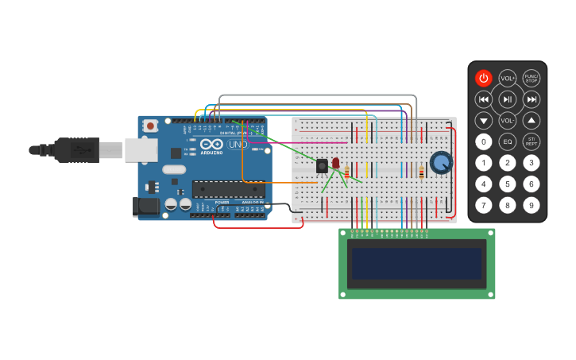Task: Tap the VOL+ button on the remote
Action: pyautogui.click(x=507, y=78)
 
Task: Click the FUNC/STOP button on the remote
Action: pyautogui.click(x=531, y=78)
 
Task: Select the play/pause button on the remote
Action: pyautogui.click(x=507, y=99)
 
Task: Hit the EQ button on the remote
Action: pyautogui.click(x=507, y=142)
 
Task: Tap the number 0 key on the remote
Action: pyautogui.click(x=483, y=142)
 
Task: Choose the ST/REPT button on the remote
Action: pyautogui.click(x=531, y=142)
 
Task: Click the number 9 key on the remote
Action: pyautogui.click(x=531, y=205)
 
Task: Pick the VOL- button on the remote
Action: pyautogui.click(x=507, y=121)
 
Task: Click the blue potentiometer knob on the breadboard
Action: pyautogui.click(x=440, y=164)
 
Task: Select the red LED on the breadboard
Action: pyautogui.click(x=335, y=163)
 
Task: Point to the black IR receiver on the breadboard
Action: pyautogui.click(x=322, y=166)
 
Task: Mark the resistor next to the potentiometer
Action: pyautogui.click(x=421, y=172)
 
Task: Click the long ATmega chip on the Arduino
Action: pyautogui.click(x=228, y=189)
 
